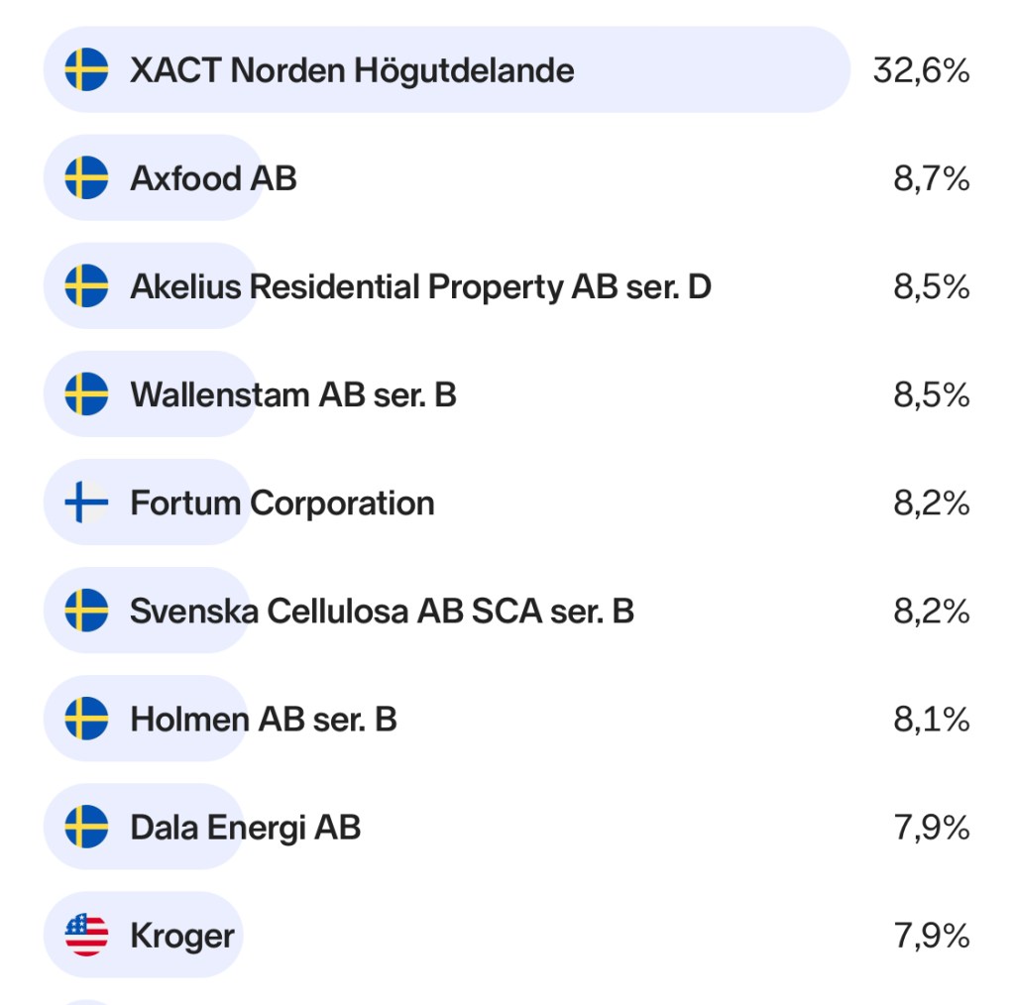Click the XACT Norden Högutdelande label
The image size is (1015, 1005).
[352, 70]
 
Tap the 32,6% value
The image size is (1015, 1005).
[921, 70]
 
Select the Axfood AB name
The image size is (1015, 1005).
[213, 178]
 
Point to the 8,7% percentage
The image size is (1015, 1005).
[931, 178]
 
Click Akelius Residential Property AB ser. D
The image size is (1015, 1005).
[420, 286]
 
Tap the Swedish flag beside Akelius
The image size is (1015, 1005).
[86, 286]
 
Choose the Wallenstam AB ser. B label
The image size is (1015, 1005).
[293, 394]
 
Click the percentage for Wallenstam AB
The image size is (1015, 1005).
[931, 394]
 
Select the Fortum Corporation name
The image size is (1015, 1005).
[282, 502]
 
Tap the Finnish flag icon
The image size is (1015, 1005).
[86, 502]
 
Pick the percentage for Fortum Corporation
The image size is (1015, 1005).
[931, 502]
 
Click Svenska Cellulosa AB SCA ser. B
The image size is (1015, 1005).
[382, 611]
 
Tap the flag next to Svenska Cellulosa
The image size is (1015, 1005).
[86, 611]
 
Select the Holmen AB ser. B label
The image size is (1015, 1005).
[264, 719]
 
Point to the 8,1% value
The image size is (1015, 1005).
[931, 719]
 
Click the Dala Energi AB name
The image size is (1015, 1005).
[245, 827]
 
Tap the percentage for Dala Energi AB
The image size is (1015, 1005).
[931, 827]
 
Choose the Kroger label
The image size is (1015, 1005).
[182, 935]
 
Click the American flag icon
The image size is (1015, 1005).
[86, 935]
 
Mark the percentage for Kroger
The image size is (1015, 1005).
[931, 935]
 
